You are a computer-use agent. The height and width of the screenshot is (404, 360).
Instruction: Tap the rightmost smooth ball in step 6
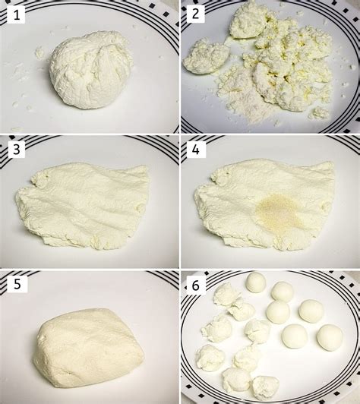click(330, 336)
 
